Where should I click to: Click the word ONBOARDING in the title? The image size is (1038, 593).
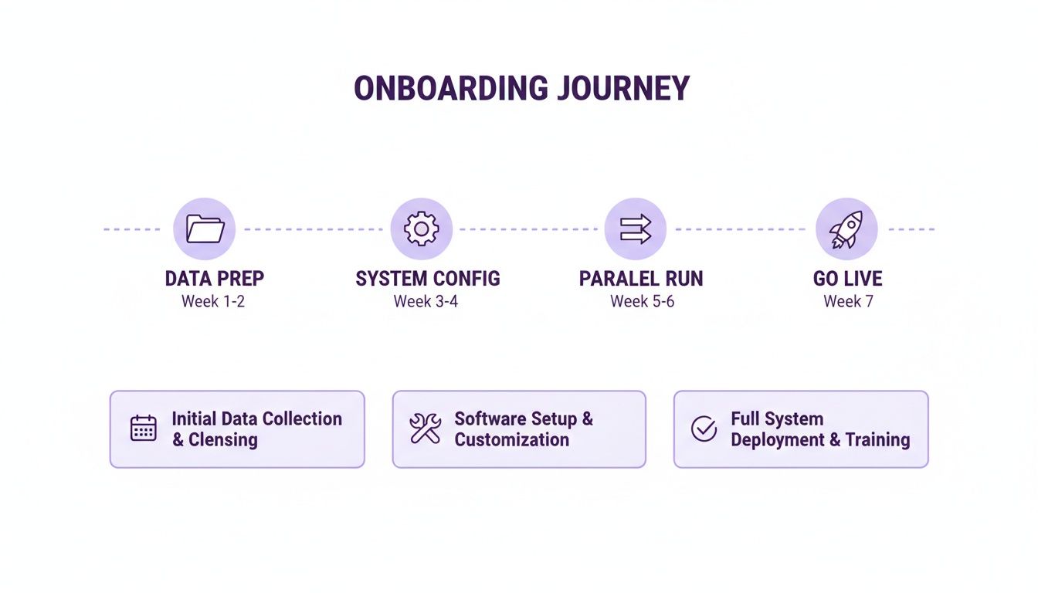point(451,89)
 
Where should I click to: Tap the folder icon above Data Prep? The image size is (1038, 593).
point(205,229)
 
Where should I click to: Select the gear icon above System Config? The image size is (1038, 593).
point(421,229)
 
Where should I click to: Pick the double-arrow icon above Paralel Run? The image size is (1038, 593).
point(635,229)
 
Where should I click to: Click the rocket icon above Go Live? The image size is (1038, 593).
point(846,229)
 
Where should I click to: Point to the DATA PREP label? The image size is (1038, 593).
point(214,279)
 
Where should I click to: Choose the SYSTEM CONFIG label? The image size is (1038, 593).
point(427,279)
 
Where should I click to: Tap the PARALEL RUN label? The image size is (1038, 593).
point(641,279)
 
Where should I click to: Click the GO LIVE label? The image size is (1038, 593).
point(847,279)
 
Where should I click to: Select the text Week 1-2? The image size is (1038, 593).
point(213,302)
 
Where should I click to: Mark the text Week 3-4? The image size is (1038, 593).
point(426,302)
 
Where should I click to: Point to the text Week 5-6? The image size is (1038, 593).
point(642,302)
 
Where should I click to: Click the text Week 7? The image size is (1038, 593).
point(848,302)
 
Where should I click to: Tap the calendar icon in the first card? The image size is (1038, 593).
point(144,429)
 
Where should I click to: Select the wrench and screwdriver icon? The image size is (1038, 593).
point(425,429)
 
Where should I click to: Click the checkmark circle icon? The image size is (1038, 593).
point(704,429)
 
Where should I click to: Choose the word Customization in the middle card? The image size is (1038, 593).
point(511,440)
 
